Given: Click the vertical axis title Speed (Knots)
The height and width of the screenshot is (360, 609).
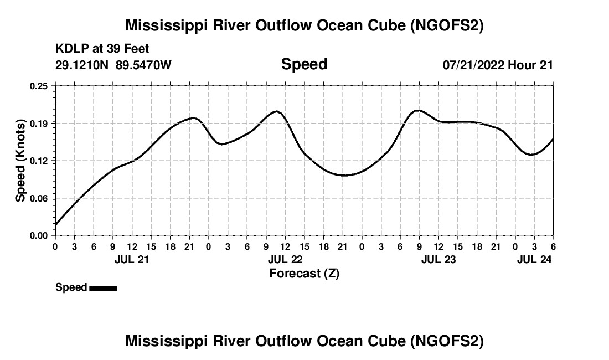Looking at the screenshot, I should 20,160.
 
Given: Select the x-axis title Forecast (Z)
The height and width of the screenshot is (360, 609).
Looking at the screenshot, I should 304,273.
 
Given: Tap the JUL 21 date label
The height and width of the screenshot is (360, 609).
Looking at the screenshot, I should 132,259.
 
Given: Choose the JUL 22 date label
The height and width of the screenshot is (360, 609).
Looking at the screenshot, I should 285,259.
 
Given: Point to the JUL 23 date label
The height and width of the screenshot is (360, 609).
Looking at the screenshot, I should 438,259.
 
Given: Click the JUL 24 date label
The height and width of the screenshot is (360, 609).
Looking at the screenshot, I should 534,259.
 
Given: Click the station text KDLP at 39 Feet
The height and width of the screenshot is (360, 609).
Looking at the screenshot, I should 102,49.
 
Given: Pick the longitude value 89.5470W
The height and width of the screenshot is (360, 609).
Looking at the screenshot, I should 144,65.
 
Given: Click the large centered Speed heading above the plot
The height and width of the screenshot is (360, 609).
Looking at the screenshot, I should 304,64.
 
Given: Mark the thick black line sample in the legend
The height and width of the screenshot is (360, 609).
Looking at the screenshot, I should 103,288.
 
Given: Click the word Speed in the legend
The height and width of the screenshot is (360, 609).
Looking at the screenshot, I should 71,287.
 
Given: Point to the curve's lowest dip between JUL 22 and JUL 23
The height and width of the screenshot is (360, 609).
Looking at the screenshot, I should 344,176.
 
